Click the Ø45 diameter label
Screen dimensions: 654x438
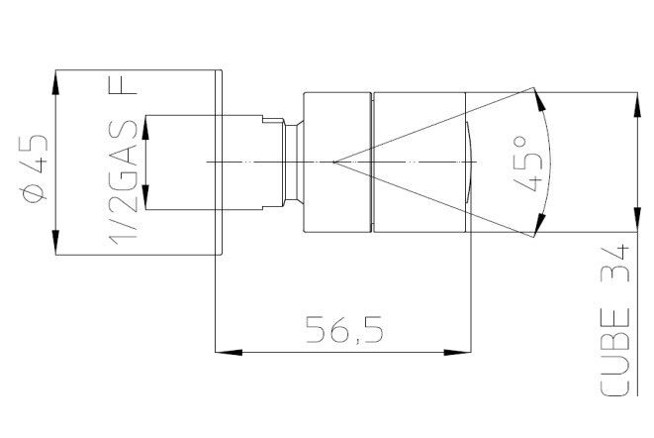(x=35, y=168)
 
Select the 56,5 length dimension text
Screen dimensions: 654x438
(x=344, y=330)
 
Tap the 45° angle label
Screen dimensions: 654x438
(x=528, y=164)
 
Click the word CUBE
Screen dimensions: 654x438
(x=615, y=353)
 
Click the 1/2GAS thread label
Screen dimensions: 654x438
(x=123, y=184)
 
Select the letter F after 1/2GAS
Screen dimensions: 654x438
(x=123, y=91)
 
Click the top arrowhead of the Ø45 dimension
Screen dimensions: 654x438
(x=55, y=83)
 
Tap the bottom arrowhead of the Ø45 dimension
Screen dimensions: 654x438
(x=55, y=242)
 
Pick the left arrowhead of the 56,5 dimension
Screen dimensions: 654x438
(x=229, y=353)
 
